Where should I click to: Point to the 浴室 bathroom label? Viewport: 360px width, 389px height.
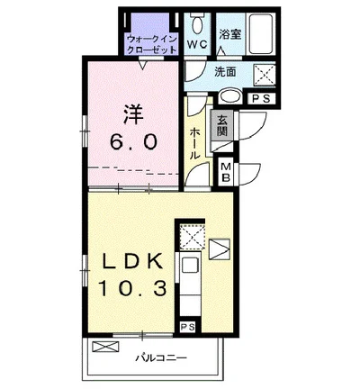[x=231, y=34]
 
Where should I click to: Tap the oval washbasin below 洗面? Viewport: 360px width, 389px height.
[x=229, y=97]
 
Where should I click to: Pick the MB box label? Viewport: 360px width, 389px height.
[x=226, y=171]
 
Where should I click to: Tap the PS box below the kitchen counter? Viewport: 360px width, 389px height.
[x=188, y=326]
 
